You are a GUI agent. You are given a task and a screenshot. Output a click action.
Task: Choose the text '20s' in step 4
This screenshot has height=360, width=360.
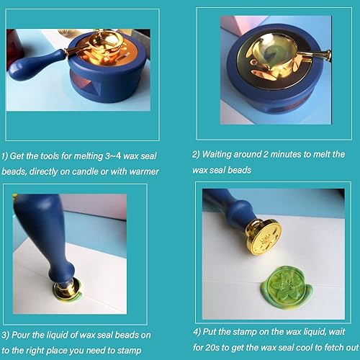(x=217, y=347)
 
